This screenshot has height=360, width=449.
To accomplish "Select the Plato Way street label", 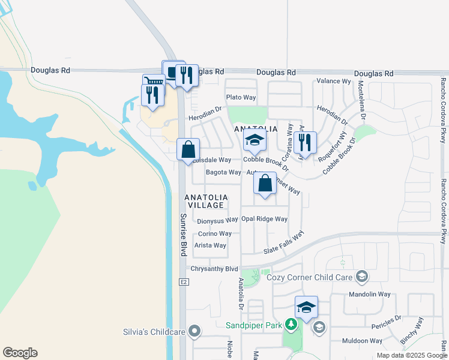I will tap(241, 97).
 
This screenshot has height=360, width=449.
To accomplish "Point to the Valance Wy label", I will tap(334, 81).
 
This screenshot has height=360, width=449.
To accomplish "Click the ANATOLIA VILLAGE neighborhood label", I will tap(206, 201).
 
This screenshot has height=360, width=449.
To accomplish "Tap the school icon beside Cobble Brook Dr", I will tap(255, 142).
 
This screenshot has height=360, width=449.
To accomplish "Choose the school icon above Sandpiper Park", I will tap(306, 307).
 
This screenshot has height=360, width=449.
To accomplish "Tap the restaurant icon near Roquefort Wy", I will tap(305, 143).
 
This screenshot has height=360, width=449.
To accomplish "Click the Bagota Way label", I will tap(223, 172).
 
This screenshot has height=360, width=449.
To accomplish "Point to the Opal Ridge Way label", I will tap(264, 219).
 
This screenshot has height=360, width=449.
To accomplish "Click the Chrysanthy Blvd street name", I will tap(214, 269).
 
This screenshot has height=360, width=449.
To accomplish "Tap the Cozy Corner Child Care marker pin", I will tap(361, 276).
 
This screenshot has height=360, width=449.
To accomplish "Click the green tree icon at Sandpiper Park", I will tap(291, 325).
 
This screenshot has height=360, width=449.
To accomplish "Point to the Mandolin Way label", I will tap(370, 295).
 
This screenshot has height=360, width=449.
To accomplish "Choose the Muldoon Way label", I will tap(362, 341).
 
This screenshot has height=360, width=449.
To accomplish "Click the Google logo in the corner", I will tap(20, 353).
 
